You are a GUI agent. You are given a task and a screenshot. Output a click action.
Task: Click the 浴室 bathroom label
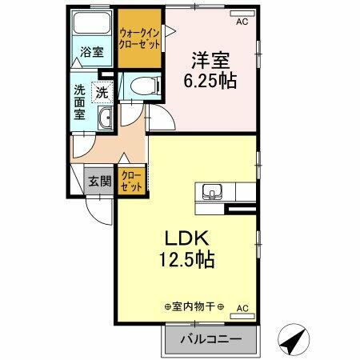click(92, 53)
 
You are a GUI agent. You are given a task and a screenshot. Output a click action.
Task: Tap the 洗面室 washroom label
click(81, 102)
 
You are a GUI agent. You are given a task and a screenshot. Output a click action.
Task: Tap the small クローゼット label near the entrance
click(130, 181)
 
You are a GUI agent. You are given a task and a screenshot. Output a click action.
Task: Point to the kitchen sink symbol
click(212, 192)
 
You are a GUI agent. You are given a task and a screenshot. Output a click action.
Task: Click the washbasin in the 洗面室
click(105, 121)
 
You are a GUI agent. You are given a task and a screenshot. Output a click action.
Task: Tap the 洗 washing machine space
click(102, 93)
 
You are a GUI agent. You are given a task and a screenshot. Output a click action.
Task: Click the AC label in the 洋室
click(242, 23)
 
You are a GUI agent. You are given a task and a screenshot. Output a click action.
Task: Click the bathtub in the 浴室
click(92, 26)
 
